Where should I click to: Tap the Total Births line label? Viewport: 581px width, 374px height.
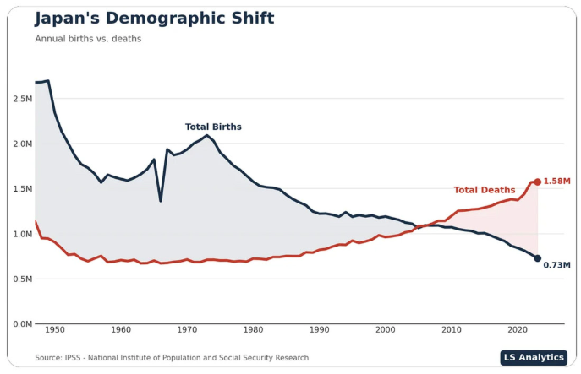click(x=213, y=127)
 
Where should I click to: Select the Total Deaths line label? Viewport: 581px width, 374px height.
click(x=484, y=191)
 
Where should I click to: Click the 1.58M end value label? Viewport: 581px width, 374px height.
click(x=556, y=182)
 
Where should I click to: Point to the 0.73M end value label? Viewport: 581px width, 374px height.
click(x=556, y=265)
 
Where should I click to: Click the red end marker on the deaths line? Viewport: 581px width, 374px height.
click(x=537, y=182)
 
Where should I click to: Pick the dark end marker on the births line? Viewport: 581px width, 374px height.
click(x=537, y=258)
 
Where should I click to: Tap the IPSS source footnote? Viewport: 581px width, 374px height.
click(x=172, y=358)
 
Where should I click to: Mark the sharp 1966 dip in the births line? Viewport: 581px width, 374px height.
click(x=161, y=200)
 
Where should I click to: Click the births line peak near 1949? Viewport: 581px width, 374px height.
click(x=48, y=81)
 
